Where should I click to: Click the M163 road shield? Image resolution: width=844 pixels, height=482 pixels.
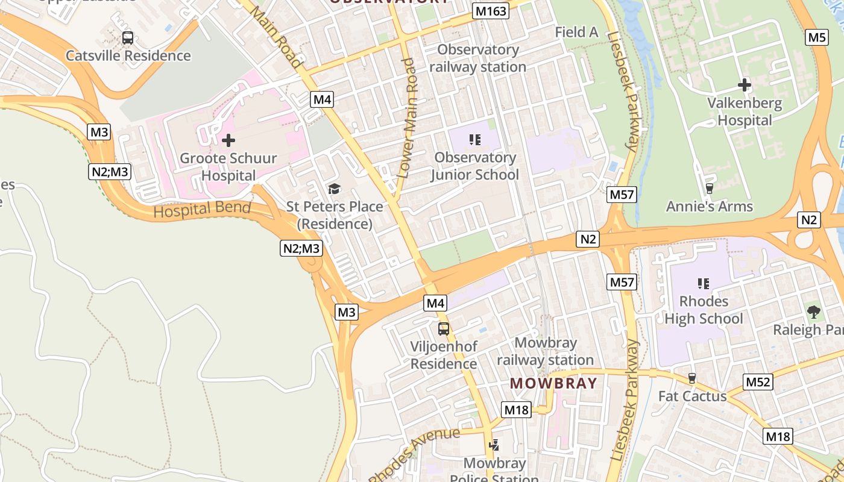click(491, 11)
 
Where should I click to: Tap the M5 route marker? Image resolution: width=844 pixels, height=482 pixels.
click(817, 37)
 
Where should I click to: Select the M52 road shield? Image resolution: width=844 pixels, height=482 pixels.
click(758, 382)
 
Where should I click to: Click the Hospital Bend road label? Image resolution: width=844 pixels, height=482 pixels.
click(202, 209)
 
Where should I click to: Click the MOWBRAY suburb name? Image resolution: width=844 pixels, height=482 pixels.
click(553, 383)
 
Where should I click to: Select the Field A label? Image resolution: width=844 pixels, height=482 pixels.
click(576, 33)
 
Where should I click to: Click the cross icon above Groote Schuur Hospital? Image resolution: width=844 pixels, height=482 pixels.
click(228, 141)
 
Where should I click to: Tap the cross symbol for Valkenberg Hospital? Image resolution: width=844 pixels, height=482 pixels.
click(745, 85)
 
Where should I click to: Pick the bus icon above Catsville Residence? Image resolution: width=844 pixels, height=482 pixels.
click(128, 38)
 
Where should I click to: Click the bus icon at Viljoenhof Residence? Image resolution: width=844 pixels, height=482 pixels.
click(444, 329)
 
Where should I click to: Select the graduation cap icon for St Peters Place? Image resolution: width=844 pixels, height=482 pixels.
click(335, 189)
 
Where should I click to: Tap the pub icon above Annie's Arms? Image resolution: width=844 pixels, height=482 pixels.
click(709, 189)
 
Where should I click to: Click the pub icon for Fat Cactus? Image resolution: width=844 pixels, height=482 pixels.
click(692, 378)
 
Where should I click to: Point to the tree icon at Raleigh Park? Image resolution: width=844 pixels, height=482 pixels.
click(813, 311)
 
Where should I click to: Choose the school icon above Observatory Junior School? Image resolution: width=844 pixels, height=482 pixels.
click(475, 140)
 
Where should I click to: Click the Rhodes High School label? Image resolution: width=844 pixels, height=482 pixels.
click(704, 310)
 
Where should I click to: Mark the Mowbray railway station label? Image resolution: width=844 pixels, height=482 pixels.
click(545, 351)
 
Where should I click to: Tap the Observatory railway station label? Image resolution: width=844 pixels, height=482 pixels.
click(478, 58)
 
